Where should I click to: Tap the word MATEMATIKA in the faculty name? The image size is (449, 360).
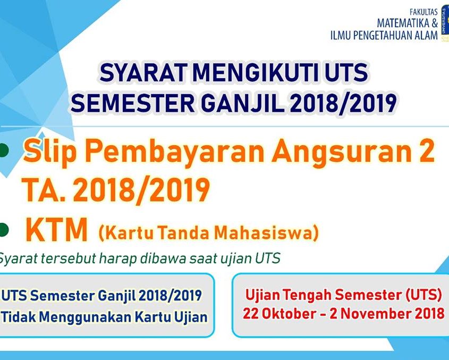(403, 23)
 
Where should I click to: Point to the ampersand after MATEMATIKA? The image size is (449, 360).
(435, 23)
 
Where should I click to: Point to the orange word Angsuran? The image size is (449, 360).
(340, 152)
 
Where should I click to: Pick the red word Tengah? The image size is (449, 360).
(305, 296)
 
